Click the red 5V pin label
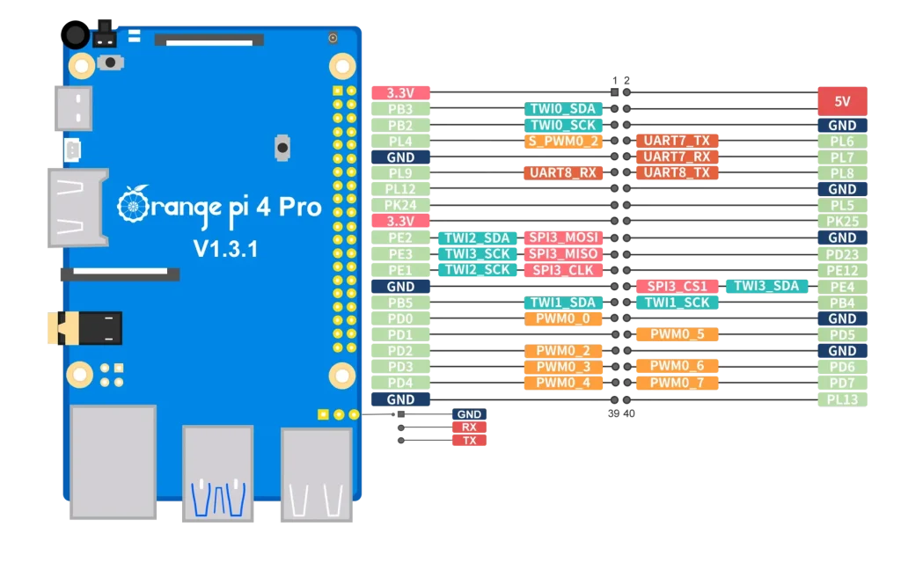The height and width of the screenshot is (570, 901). [842, 101]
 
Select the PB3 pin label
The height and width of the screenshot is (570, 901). [400, 109]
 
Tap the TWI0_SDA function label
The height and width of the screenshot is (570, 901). [563, 109]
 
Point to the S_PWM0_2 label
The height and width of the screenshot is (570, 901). [563, 141]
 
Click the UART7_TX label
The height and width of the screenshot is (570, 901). [677, 141]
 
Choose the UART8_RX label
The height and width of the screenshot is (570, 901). [563, 173]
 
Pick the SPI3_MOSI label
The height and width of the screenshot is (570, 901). [563, 237]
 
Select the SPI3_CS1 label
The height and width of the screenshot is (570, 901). [677, 286]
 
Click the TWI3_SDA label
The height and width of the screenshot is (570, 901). [765, 286]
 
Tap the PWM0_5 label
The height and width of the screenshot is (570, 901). [677, 334]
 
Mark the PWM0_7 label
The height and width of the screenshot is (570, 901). [677, 383]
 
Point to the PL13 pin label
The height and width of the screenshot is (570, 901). [842, 399]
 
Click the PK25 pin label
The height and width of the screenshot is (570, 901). [842, 221]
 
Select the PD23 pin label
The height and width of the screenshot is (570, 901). [842, 254]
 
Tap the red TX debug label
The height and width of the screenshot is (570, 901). [469, 440]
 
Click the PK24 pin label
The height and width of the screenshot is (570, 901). [400, 205]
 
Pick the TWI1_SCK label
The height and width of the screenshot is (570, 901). [677, 302]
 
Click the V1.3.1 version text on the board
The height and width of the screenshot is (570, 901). [225, 249]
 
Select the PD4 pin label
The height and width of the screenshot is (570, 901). [400, 383]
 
